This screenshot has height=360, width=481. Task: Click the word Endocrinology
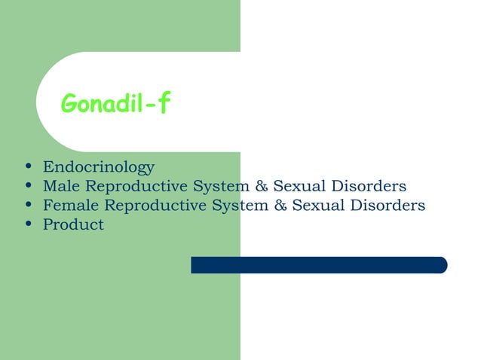point(99,166)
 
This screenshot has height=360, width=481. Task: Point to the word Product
point(73,224)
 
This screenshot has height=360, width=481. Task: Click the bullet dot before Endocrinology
point(28,167)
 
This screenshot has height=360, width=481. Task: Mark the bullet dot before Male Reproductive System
point(28,186)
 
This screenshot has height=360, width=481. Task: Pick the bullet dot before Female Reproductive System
point(28,206)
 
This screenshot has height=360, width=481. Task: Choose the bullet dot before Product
point(28,224)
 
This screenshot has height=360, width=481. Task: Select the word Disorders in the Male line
point(369,186)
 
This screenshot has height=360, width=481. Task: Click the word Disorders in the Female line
point(388,205)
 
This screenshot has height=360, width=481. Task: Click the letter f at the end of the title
point(164,105)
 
